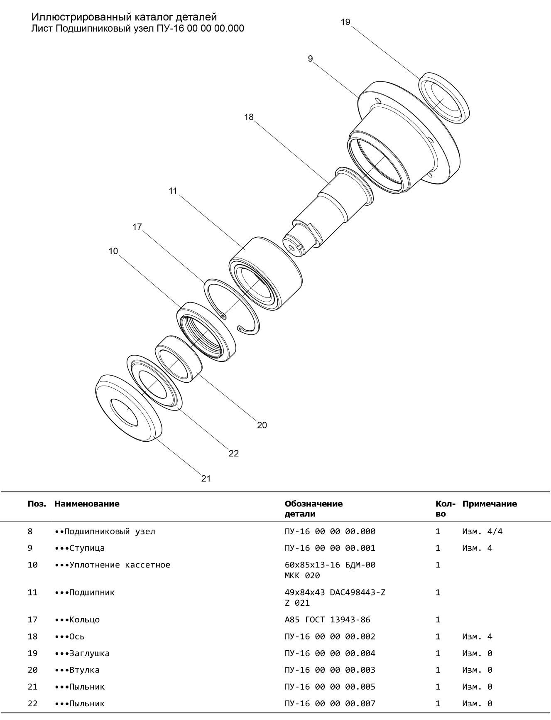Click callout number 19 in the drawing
pos(345,22)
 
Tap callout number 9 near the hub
pos(310,59)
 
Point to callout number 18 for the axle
pos(249,117)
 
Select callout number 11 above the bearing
pos(173,191)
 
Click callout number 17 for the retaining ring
pos(137,227)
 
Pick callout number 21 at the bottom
pos(206,479)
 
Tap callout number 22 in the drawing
pos(234,453)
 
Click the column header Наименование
pos(87,504)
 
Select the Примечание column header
pos(490,504)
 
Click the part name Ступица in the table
pos(87,548)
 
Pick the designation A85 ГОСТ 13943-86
pos(327,620)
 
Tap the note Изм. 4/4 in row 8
pos(482,531)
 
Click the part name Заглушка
pos(89,653)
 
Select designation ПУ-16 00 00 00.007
pos(330,703)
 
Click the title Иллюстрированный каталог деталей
pos(124,17)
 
